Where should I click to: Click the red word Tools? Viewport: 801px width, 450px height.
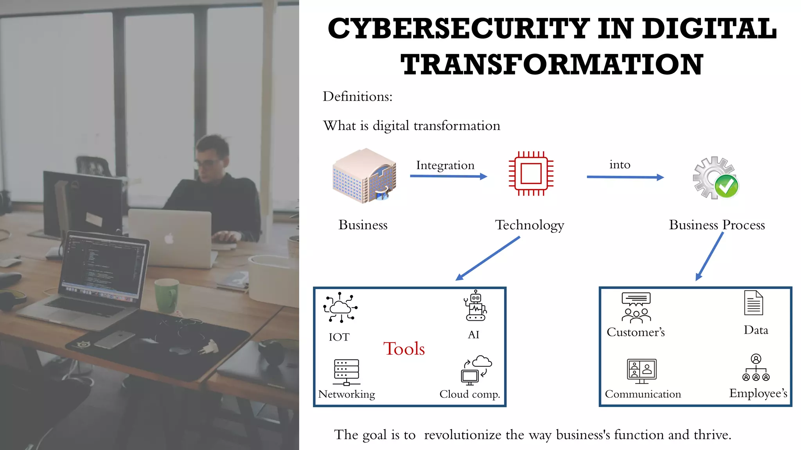(x=404, y=348)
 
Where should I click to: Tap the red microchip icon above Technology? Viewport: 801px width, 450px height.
(x=531, y=173)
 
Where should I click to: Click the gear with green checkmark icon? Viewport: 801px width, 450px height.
(x=716, y=178)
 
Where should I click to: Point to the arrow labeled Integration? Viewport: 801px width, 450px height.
(x=448, y=176)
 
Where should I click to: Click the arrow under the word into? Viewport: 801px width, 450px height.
(x=625, y=177)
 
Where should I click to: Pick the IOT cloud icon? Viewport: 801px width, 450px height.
(x=340, y=307)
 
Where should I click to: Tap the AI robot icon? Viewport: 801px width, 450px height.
(x=476, y=306)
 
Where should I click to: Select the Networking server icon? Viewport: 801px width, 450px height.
(x=347, y=372)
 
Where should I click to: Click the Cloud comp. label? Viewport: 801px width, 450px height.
(x=470, y=394)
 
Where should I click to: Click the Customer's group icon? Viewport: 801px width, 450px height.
(x=636, y=308)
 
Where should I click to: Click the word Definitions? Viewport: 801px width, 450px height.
(x=357, y=96)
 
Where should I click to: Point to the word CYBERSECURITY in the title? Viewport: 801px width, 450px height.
(x=459, y=29)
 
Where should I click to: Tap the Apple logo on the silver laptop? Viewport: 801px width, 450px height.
(x=169, y=238)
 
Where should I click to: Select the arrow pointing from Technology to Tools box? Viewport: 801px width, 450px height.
(x=488, y=259)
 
